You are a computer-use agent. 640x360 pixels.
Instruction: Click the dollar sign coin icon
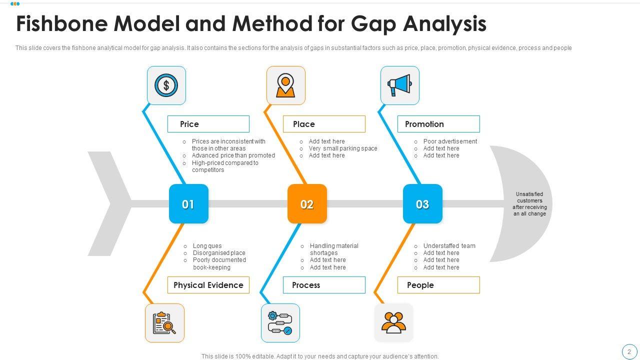166,85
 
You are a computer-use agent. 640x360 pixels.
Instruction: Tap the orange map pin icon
285,85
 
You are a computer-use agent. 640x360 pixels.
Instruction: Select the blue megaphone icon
399,85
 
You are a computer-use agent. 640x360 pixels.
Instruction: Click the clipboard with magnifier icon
164,323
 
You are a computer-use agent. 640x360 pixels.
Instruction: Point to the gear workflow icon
280,323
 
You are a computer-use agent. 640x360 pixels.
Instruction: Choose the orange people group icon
394,323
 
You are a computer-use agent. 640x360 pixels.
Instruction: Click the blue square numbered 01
188,204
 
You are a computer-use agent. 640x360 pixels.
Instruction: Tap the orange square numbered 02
307,204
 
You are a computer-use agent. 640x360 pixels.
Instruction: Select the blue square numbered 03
422,204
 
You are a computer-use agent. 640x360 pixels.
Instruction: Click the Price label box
208,124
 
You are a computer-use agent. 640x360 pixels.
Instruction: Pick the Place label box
324,124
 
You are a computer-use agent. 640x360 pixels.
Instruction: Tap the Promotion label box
438,124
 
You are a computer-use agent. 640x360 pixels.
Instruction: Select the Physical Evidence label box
208,285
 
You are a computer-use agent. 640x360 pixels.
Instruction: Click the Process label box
324,285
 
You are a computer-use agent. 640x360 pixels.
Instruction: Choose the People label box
438,285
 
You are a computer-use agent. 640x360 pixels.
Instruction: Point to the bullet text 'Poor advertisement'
450,141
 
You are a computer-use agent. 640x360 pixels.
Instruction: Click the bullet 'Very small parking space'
343,148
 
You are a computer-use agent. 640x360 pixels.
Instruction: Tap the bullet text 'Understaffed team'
449,246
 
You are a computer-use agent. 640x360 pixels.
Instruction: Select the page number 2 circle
629,351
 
